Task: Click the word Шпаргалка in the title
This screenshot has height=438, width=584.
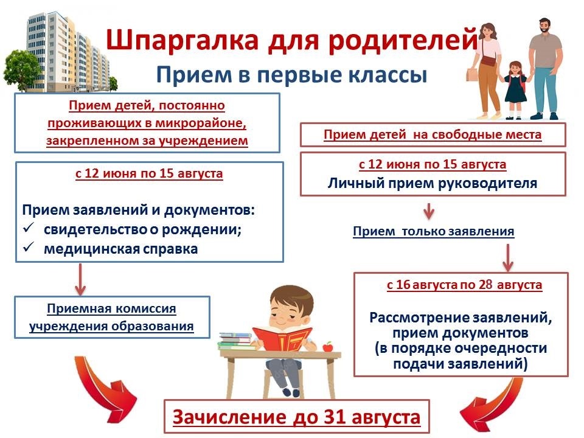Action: (182, 41)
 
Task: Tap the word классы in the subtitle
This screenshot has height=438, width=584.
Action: (388, 74)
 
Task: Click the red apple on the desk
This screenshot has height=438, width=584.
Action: (327, 347)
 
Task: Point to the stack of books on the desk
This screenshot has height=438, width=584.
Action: (237, 341)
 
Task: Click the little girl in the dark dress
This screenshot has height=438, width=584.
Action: (515, 90)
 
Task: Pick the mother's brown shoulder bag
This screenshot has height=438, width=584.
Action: (488, 61)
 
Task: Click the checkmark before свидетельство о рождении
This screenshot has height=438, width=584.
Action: (29, 228)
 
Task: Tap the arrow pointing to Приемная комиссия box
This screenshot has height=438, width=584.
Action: (80, 279)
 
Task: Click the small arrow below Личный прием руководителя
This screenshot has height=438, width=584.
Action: (429, 211)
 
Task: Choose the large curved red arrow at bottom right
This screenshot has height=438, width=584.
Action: (492, 405)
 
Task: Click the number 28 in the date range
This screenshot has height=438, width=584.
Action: (485, 285)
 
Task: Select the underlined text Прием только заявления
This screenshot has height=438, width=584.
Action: (434, 231)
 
